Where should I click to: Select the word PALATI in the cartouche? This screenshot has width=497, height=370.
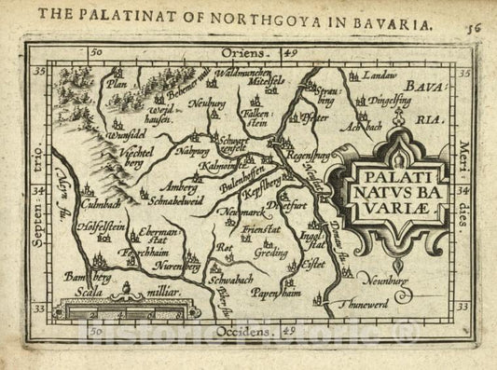(x=404, y=172)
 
